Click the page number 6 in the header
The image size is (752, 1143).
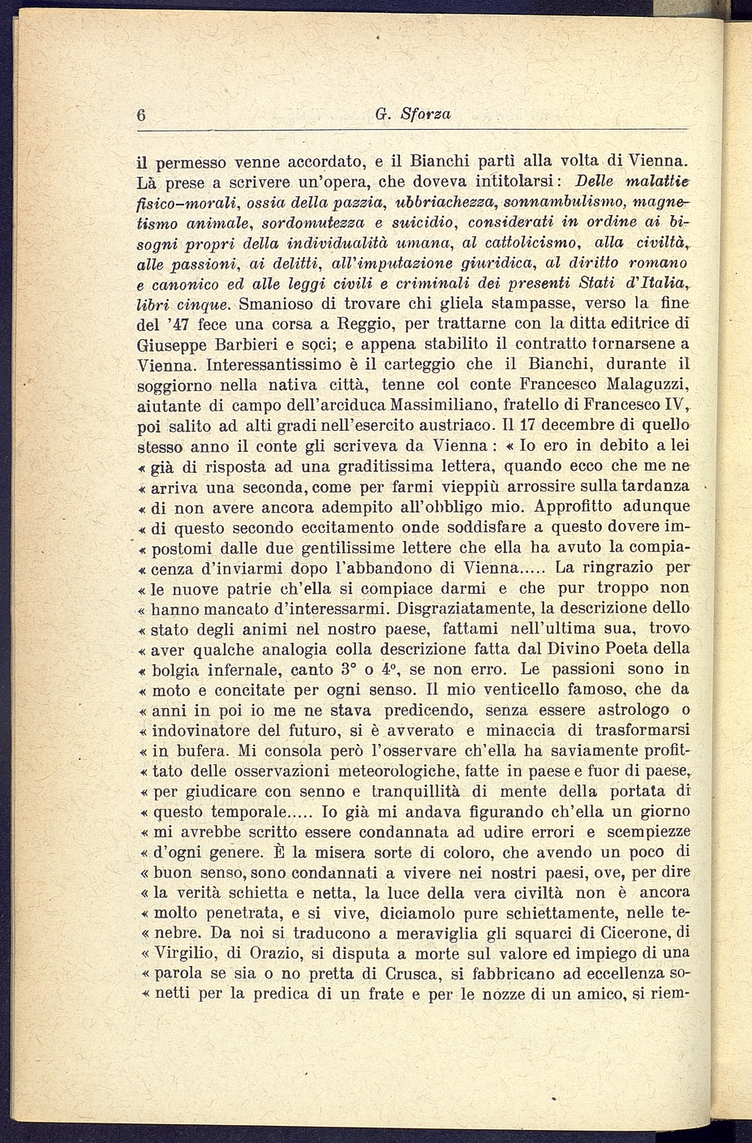pos(141,116)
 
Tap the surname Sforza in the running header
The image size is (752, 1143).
pos(425,115)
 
